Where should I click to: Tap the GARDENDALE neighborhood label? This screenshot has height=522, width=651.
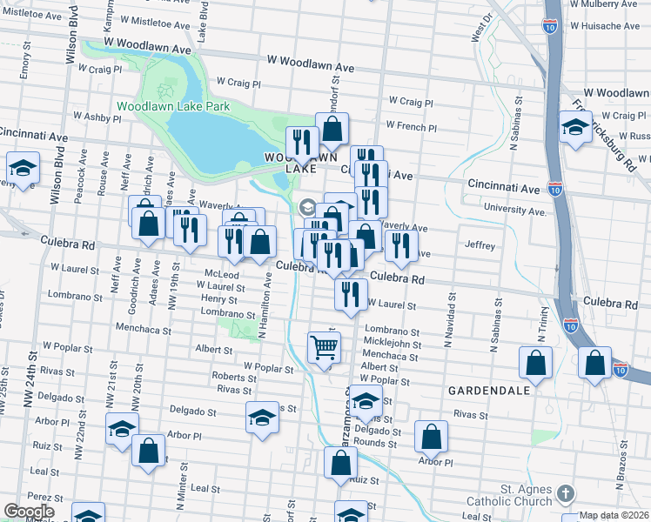tap(489, 391)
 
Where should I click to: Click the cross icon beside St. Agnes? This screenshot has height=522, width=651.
tap(565, 494)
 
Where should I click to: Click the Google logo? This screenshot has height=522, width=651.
tap(29, 512)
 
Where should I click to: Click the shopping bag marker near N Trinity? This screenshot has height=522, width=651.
tap(536, 364)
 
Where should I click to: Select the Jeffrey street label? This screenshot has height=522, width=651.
tap(480, 245)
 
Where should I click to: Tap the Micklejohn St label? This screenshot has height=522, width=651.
tap(393, 344)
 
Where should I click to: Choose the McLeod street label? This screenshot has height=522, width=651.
tap(221, 274)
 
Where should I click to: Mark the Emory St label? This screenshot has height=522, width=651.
tap(26, 67)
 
